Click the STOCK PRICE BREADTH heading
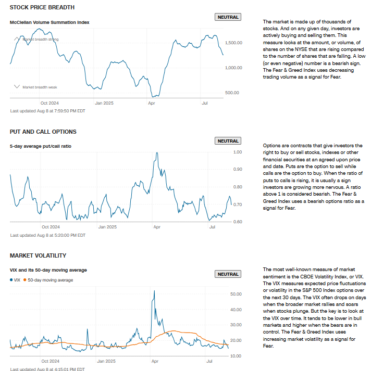pos(42,7)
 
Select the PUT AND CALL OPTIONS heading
pos(43,132)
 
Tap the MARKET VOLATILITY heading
pos(38,255)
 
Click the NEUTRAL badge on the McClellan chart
pos(228,17)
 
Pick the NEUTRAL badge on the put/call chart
pos(228,141)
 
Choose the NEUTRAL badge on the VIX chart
pos(228,274)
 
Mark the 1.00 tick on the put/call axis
pos(238,152)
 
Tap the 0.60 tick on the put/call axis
pos(238,222)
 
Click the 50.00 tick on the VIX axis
pos(236,294)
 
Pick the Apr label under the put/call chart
pos(156,227)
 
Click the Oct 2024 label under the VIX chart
pos(51,360)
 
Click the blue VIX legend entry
pos(16,280)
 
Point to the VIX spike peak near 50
pos(154,291)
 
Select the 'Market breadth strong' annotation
pos(40,39)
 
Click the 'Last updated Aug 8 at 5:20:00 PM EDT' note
pos(47,235)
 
